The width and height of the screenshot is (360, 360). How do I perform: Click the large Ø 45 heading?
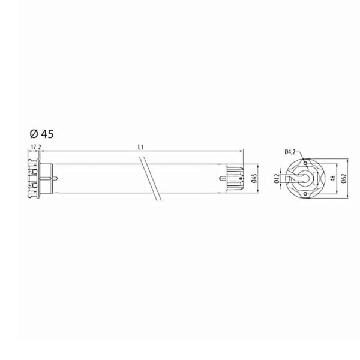point(41,134)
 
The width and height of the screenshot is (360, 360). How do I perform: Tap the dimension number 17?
point(34,147)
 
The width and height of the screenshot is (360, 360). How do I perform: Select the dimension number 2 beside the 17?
point(40,147)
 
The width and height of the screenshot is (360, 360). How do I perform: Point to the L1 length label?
point(141,147)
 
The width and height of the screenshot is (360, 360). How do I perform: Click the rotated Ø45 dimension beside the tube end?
point(254,178)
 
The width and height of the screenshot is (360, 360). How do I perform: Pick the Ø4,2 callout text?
point(290,152)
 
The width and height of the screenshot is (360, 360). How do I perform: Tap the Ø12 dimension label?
point(277,178)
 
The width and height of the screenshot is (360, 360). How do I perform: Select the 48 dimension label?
point(333,178)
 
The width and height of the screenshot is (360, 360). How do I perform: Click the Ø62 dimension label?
point(344,178)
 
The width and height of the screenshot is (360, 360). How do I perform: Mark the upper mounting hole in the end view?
point(305,163)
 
